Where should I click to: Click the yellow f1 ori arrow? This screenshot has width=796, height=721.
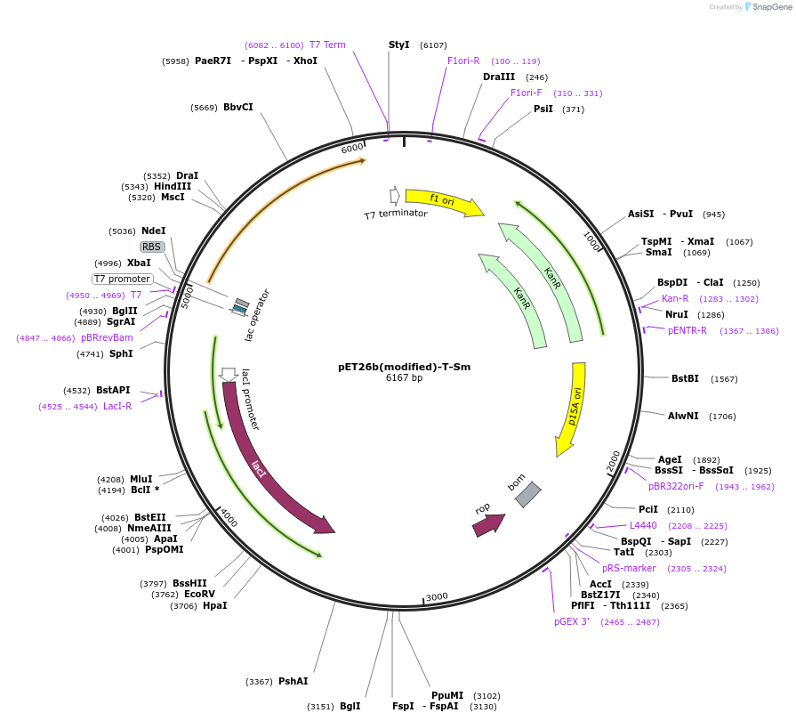coord(443,202)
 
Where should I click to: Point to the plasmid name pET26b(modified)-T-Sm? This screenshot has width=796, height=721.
coord(404,366)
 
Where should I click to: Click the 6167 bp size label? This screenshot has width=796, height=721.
coord(404,378)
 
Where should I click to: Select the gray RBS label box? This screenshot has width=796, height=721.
coord(152,247)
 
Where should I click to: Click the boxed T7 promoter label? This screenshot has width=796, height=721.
coord(123,279)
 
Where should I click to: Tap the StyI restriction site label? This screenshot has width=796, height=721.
coord(399,45)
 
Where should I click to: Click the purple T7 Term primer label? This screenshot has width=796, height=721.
coord(327,45)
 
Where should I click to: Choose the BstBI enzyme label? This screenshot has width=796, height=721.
coord(686,378)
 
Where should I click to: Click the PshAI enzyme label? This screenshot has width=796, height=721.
coord(293,681)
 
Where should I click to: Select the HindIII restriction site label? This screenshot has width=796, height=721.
coord(173,186)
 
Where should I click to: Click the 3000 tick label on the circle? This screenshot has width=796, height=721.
coord(437,596)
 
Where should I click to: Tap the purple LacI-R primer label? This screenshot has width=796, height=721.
coord(117,406)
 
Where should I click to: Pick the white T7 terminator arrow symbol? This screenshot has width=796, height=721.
coord(395,195)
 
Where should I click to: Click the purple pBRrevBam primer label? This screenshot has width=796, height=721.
coord(107,337)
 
